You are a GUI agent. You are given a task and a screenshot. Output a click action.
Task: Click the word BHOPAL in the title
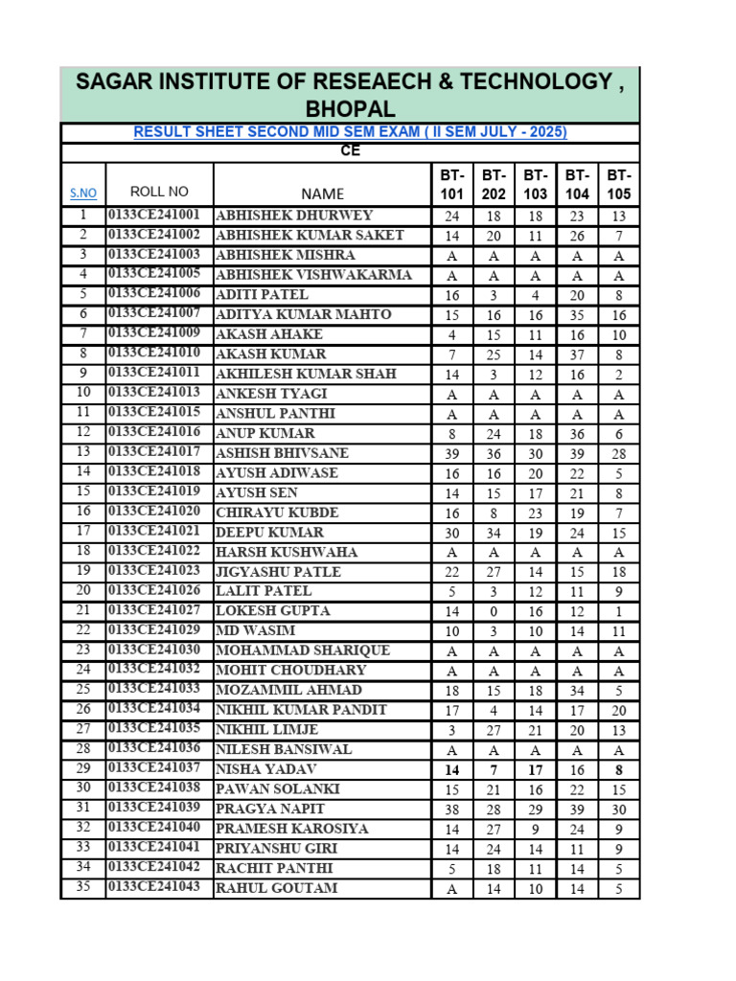coord(350,108)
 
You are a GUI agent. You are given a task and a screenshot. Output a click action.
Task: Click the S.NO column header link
coord(83,194)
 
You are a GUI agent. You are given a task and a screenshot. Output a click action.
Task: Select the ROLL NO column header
coord(159,192)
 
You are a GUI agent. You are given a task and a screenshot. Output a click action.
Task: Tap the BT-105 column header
coord(619,185)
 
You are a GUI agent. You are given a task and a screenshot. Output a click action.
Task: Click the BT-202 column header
coord(494,185)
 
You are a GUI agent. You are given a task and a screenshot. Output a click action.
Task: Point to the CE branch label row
coord(350,151)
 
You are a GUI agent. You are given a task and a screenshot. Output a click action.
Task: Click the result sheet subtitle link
coord(350,132)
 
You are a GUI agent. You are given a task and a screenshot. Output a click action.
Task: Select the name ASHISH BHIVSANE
coord(282,453)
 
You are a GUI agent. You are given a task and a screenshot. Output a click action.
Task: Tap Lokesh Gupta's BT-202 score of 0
coord(494,611)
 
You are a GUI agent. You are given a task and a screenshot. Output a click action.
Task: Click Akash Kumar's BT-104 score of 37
coord(577,354)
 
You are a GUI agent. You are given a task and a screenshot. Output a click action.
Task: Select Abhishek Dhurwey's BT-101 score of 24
coord(452,217)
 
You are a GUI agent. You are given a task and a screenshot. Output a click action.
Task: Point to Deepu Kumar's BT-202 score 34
coord(494,533)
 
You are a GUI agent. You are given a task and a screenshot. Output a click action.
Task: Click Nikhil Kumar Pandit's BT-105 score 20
coord(619,710)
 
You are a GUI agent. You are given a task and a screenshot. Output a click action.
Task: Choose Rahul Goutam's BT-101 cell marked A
coord(452,889)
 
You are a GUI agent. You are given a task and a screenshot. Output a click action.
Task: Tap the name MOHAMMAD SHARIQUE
coord(303,650)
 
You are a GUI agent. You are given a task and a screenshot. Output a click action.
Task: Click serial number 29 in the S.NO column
coord(83,769)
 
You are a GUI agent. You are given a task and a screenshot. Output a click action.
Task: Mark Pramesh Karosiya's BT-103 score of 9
coord(535,829)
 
